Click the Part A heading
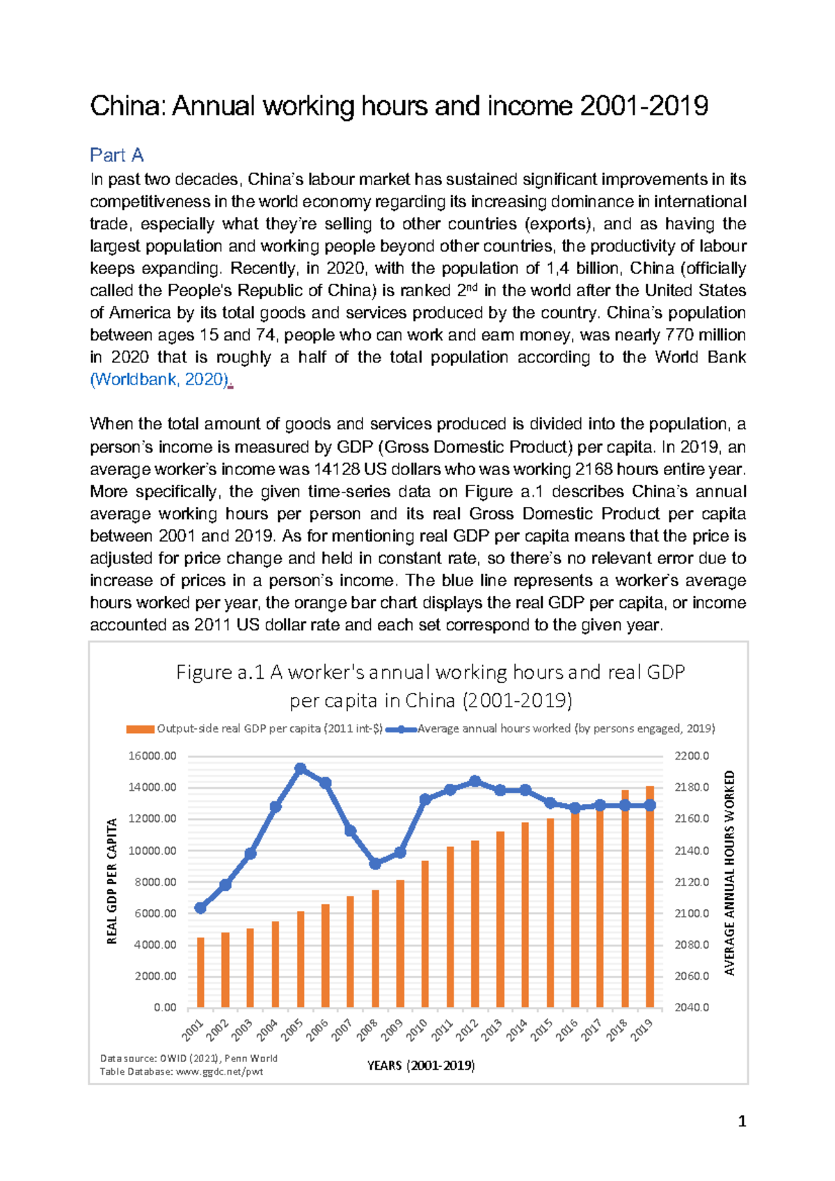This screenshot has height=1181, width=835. pos(116,154)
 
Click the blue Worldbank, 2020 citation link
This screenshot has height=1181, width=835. pos(159,379)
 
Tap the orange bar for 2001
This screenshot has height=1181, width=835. pos(200,974)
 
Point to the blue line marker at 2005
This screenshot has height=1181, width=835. pos(301,769)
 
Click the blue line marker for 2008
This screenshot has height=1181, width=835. pos(375,863)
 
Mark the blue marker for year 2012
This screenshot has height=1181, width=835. pos(475,781)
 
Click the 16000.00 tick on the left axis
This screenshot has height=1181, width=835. pos(152,756)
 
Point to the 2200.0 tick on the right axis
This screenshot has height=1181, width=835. pos(692,756)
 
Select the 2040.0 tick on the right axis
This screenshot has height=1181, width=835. pos(692,1007)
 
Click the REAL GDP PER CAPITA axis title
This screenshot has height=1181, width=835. pos(112,881)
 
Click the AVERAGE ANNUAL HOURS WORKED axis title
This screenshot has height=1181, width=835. pos(729,872)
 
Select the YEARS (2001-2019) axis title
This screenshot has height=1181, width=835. pos(421,1065)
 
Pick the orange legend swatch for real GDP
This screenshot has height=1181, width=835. pos(139,729)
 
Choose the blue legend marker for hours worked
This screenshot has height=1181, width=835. pos(401,729)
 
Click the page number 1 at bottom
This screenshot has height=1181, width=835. pos(742,1121)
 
